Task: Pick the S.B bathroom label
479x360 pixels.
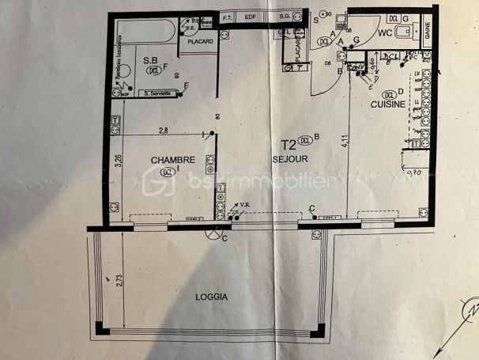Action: [x=150, y=59]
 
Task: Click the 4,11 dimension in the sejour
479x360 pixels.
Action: [x=345, y=143]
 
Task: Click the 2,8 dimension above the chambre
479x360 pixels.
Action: [x=163, y=130]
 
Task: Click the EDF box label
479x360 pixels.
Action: [x=251, y=17]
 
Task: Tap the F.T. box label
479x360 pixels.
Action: [x=228, y=17]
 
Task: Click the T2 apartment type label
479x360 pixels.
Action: [x=289, y=146]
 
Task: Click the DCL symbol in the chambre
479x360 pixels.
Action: [x=166, y=171]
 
